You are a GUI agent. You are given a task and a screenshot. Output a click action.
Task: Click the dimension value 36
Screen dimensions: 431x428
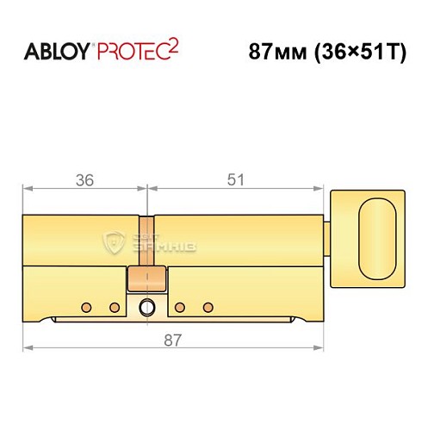[x=84, y=180]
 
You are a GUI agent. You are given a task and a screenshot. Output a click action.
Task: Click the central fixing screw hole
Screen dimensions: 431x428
[x=147, y=306]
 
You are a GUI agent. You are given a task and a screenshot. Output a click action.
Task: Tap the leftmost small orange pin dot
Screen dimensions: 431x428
[x=86, y=307]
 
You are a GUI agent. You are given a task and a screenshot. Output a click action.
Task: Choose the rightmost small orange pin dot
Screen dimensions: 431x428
[x=207, y=307]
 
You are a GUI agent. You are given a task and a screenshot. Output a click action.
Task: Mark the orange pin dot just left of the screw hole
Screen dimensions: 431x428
[x=113, y=307]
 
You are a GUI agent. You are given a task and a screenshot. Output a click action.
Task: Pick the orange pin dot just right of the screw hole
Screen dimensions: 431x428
[x=179, y=307]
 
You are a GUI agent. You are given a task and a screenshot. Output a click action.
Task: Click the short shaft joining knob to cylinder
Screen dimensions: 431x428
[x=328, y=234]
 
